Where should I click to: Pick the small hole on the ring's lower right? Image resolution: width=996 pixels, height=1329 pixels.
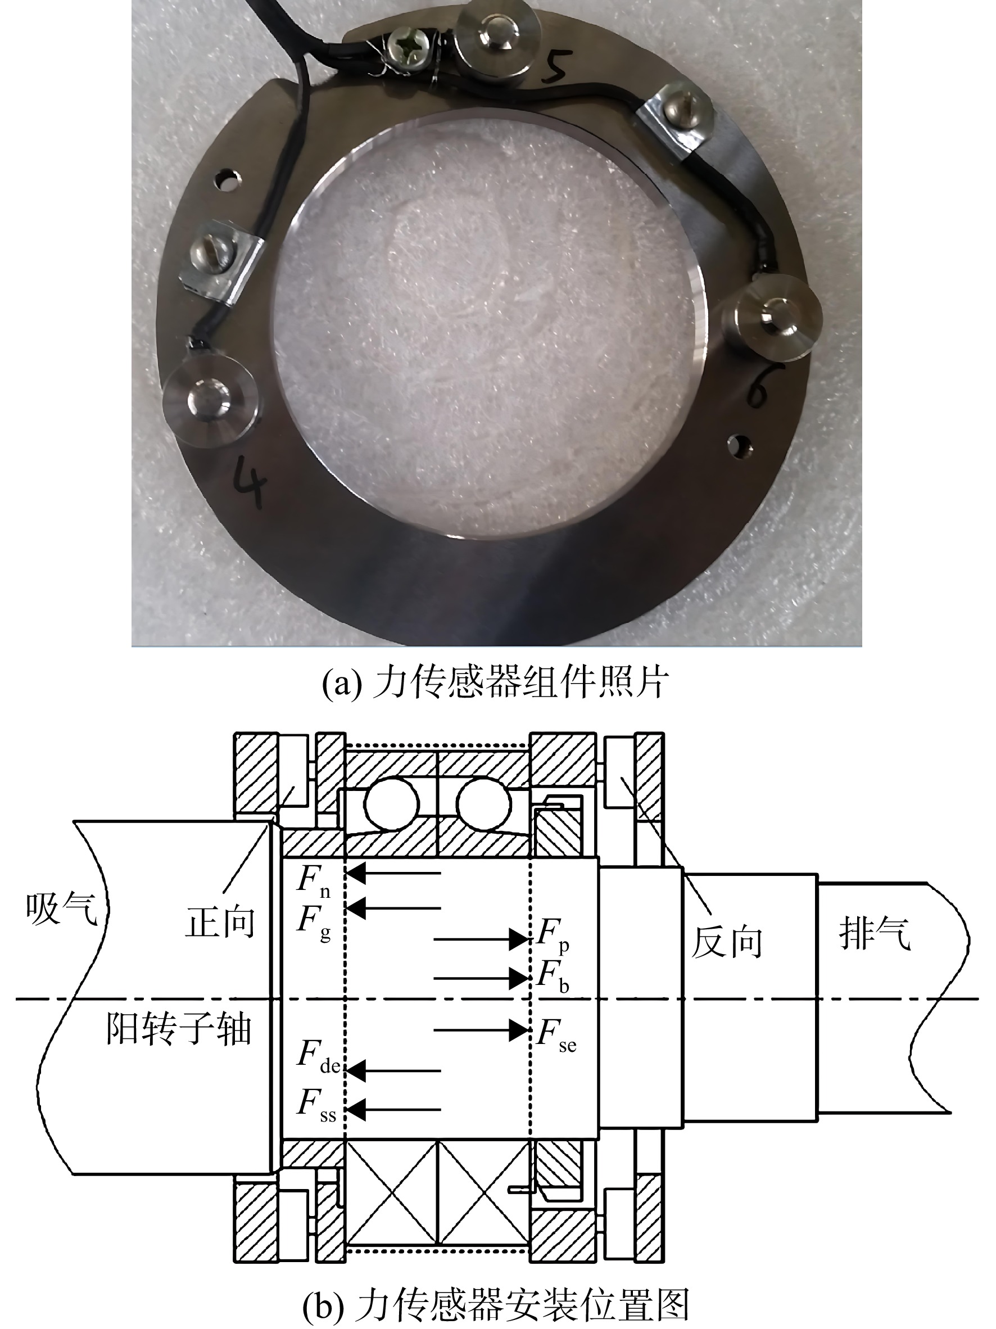tap(739, 445)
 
